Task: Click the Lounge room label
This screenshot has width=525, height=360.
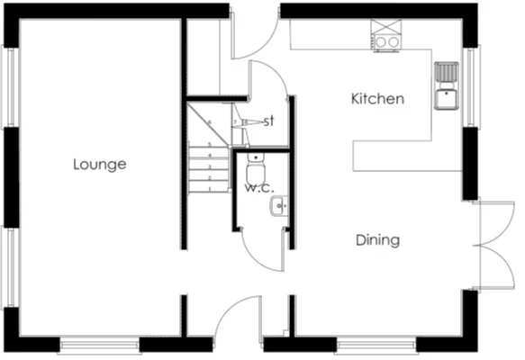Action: pos(99,165)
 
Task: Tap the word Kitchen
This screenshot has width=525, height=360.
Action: pos(377,99)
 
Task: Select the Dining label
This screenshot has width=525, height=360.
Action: pos(377,240)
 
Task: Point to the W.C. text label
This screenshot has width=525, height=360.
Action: pos(258,189)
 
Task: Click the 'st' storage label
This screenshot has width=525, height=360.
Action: pos(268,121)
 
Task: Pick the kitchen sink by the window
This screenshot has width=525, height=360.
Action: pos(447,85)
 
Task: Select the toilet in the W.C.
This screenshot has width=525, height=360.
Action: pos(256,169)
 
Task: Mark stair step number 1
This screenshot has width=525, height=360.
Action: pos(210,189)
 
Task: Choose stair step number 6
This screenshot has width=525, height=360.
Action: pos(210,122)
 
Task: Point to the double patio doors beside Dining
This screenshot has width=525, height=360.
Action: pos(494,245)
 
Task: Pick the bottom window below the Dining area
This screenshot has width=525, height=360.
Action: pos(376,345)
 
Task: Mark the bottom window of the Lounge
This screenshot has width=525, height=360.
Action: pos(99,345)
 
